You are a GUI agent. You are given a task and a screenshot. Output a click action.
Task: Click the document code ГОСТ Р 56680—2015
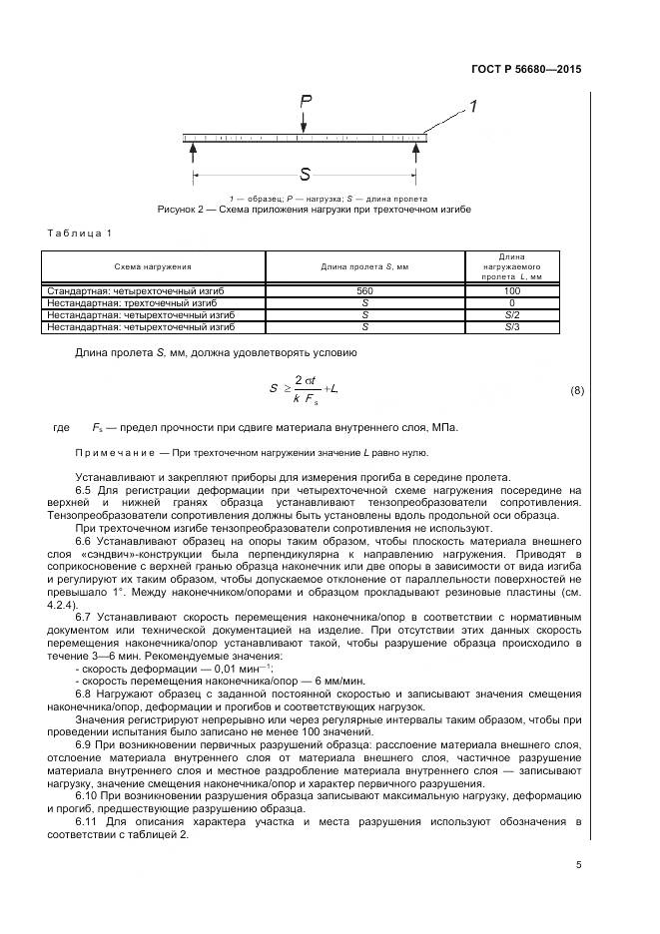[525, 70]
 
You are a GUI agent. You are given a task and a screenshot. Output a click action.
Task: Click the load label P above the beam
[305, 101]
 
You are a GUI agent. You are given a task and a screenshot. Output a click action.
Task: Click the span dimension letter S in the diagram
[305, 174]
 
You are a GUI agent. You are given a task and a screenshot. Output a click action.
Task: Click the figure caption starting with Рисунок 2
[314, 210]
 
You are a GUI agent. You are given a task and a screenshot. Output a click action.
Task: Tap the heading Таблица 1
[80, 233]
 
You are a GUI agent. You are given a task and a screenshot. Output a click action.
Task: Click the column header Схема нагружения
[153, 266]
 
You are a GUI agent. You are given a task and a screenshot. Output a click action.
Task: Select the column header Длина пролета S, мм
[364, 266]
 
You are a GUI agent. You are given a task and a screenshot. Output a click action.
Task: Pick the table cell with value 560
[364, 290]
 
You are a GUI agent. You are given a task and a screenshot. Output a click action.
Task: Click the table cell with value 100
[511, 290]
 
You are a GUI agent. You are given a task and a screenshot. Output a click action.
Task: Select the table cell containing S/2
[511, 314]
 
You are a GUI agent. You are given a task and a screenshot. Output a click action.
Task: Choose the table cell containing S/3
[511, 326]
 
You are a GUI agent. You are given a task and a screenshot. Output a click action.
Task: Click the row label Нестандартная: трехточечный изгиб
[141, 302]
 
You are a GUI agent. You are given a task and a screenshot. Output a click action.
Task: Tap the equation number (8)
[576, 390]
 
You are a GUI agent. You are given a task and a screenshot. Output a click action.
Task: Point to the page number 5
[578, 864]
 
